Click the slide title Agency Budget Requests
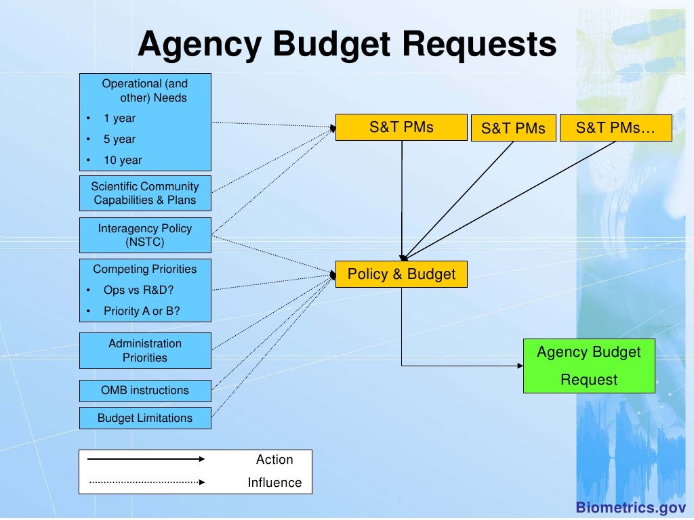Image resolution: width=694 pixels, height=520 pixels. [347, 45]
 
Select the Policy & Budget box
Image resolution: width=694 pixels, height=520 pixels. [401, 274]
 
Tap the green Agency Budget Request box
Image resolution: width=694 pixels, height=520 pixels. [589, 366]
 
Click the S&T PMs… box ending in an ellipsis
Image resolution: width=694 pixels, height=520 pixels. [615, 127]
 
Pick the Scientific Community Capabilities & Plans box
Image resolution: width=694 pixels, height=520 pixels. [145, 193]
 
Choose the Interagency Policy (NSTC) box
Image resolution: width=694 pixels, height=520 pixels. [145, 235]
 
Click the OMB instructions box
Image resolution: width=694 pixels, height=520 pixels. [145, 391]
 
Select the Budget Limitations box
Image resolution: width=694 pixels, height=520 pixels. [145, 418]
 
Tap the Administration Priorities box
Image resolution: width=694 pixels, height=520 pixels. [145, 351]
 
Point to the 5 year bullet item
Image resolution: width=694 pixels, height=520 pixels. [119, 139]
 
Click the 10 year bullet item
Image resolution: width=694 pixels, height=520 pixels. [123, 160]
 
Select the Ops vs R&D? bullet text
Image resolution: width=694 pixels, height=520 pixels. [138, 290]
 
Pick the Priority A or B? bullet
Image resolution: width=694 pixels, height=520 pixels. [142, 311]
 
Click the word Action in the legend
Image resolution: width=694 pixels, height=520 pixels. [274, 460]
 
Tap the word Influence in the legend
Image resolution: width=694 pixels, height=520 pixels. [274, 483]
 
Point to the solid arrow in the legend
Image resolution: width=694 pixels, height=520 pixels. [146, 459]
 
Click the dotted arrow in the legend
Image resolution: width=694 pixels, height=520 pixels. [146, 483]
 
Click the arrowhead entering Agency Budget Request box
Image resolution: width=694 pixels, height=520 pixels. [520, 366]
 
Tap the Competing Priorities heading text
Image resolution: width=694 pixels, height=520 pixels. [145, 269]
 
